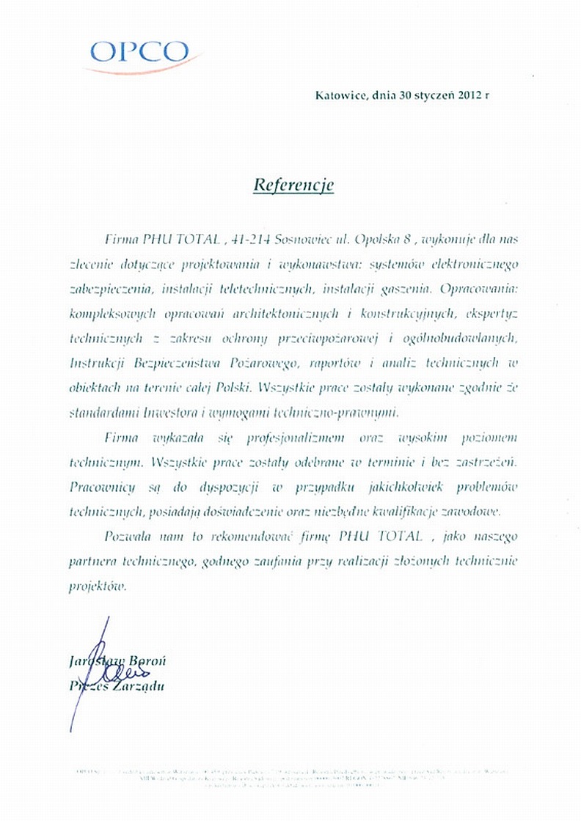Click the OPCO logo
[x=139, y=54]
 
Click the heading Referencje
[x=293, y=185]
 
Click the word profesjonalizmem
[x=266, y=438]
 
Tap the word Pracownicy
[x=103, y=487]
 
